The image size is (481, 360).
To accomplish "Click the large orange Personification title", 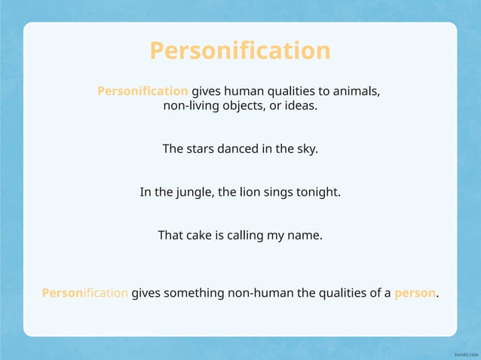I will (240, 50).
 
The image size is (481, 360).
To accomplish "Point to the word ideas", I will (301, 105).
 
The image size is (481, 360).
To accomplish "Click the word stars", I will (200, 149).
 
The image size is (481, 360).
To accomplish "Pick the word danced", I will (238, 149).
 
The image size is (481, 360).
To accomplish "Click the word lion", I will (248, 192).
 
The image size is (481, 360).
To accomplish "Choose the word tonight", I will (319, 192).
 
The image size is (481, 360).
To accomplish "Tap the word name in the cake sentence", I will (305, 235).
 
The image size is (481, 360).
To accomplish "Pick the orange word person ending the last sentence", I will (415, 293).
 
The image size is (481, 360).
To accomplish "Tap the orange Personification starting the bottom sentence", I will (85, 293).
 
